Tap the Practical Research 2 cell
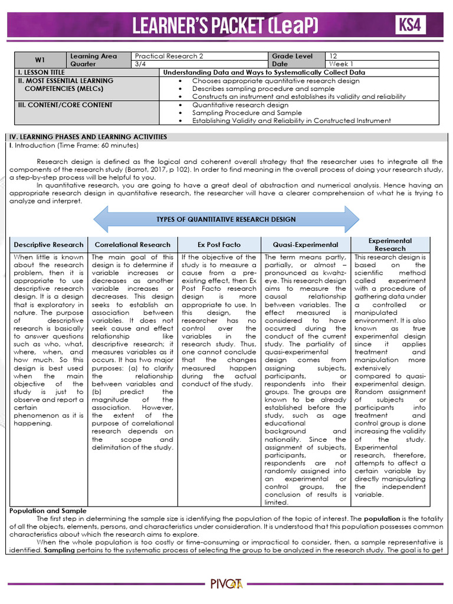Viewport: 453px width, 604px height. pyautogui.click(x=169, y=56)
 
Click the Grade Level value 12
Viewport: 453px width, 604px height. pyautogui.click(x=333, y=56)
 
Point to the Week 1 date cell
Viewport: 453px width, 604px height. pyautogui.click(x=342, y=64)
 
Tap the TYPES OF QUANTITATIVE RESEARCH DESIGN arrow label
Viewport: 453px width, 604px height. pyautogui.click(x=226, y=219)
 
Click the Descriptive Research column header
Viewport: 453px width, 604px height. pyautogui.click(x=49, y=245)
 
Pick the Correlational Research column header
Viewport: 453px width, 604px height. pyautogui.click(x=133, y=245)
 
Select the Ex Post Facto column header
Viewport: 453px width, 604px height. pyautogui.click(x=219, y=245)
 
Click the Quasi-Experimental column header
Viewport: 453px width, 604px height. pyautogui.click(x=306, y=245)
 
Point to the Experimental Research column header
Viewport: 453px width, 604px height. pyautogui.click(x=390, y=245)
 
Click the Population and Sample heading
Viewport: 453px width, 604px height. pyautogui.click(x=48, y=510)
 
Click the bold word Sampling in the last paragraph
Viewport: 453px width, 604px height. pyautogui.click(x=25, y=549)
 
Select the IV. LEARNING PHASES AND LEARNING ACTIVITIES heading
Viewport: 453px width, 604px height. pyautogui.click(x=88, y=137)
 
